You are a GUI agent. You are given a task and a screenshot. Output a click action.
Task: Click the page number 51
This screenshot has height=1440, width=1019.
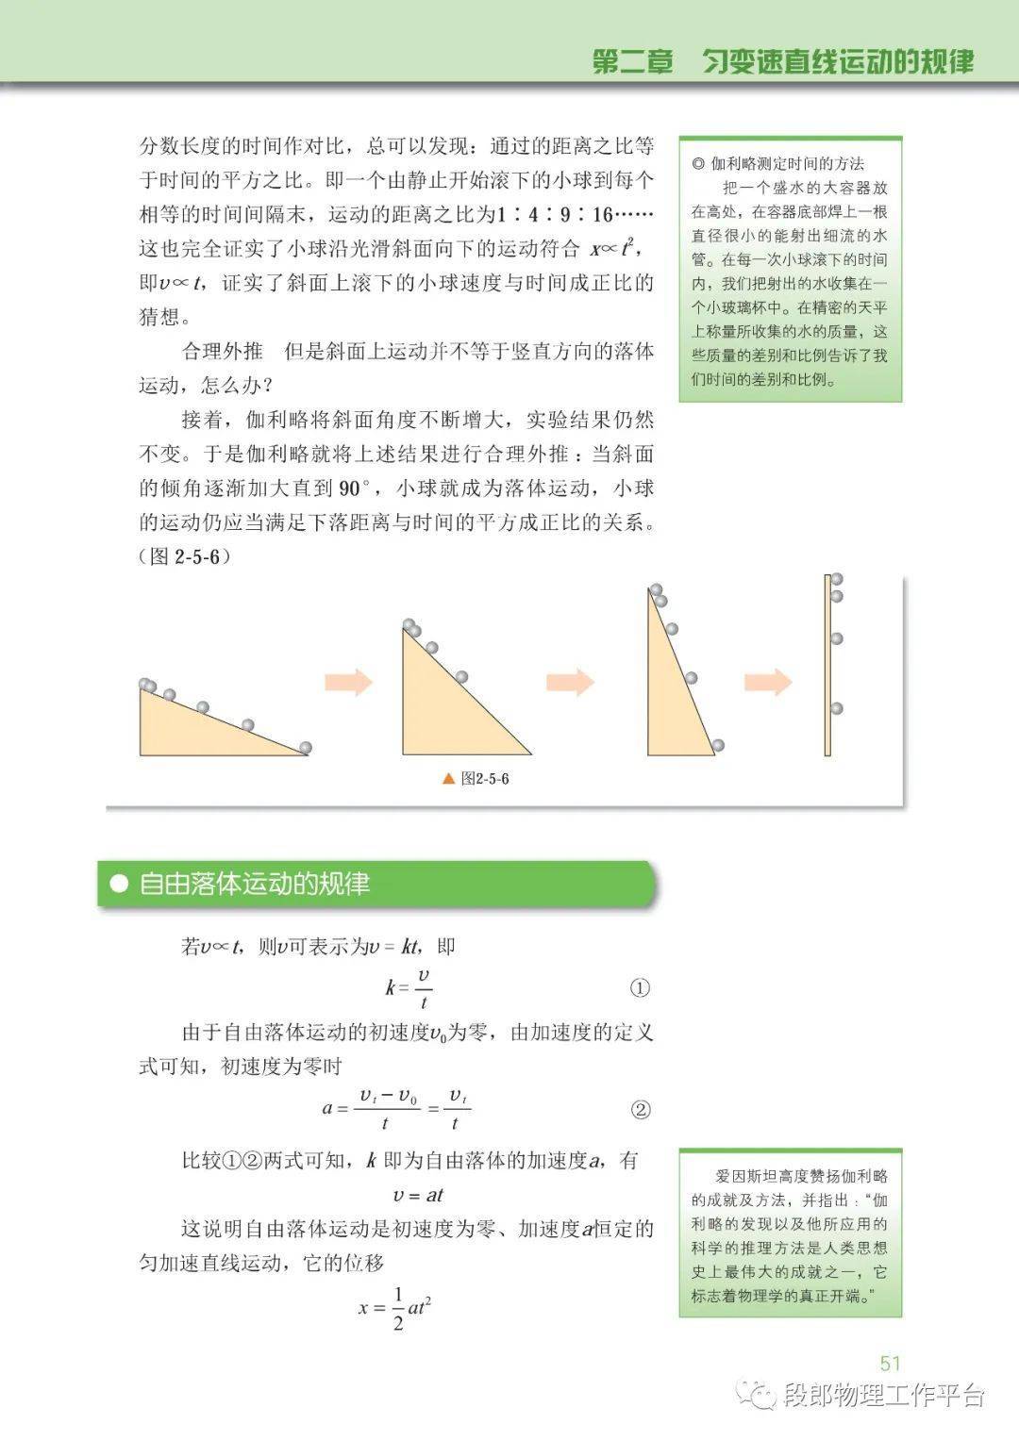(x=890, y=1363)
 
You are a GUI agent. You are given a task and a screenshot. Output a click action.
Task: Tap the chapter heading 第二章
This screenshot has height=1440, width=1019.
(x=632, y=62)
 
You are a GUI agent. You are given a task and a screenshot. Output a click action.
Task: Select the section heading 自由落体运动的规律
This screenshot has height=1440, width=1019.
(x=255, y=885)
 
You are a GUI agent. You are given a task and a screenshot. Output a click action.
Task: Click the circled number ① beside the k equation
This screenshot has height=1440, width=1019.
(x=640, y=988)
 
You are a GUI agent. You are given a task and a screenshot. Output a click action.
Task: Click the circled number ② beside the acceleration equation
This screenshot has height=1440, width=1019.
(x=640, y=1110)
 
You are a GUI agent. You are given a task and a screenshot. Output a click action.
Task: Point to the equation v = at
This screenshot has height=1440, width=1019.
(x=418, y=1195)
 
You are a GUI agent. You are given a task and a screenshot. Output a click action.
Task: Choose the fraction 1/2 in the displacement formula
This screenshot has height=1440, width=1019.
(x=397, y=1308)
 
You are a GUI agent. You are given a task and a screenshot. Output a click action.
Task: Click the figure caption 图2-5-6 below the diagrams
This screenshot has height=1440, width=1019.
(x=485, y=779)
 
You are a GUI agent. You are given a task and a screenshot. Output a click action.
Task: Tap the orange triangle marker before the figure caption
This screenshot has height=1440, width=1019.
(x=448, y=779)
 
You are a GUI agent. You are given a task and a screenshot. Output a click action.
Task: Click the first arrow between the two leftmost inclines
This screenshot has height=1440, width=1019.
(x=348, y=681)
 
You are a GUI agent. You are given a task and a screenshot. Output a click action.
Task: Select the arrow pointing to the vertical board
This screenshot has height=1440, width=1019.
(x=768, y=681)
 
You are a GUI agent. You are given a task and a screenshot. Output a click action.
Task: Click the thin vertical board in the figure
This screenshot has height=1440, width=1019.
(x=827, y=665)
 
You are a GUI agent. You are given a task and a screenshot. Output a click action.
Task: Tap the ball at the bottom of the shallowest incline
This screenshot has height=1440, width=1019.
(x=304, y=748)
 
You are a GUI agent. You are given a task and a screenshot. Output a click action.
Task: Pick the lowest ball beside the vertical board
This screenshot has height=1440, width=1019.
(x=836, y=708)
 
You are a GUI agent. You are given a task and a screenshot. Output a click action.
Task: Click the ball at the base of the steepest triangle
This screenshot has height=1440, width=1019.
(x=718, y=745)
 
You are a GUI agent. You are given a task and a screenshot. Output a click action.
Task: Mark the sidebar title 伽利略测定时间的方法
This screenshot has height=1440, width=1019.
(x=787, y=163)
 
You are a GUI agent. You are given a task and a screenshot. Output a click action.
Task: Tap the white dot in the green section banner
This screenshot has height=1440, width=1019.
(x=119, y=885)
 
